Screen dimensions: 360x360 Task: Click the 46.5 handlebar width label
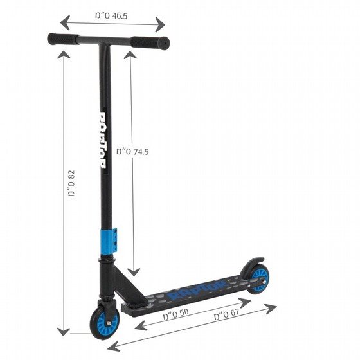(x=111, y=16)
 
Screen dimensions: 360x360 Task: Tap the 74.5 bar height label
(x=132, y=152)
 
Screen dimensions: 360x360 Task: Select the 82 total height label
(x=71, y=183)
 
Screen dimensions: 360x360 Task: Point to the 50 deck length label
(x=176, y=314)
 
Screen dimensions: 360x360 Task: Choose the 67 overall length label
(x=226, y=314)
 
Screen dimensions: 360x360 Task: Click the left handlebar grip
(x=62, y=39)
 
